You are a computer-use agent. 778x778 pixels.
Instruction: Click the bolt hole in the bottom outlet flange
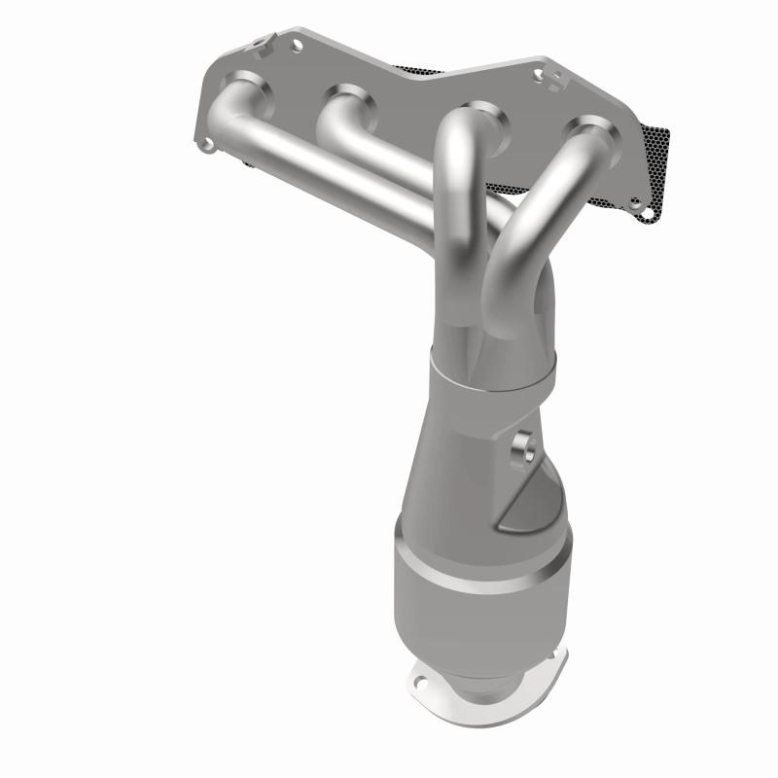point(426,670)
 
